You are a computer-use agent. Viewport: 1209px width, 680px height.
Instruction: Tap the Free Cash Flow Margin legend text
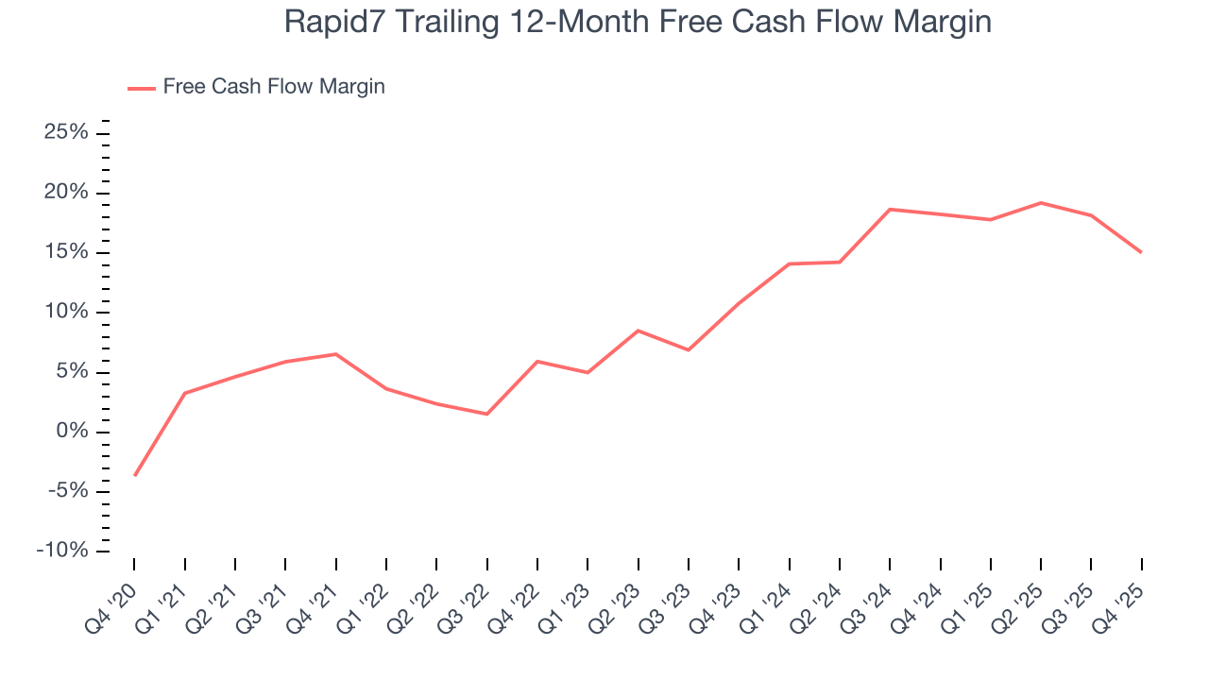pyautogui.click(x=274, y=87)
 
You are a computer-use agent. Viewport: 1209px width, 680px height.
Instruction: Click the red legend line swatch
pyautogui.click(x=142, y=88)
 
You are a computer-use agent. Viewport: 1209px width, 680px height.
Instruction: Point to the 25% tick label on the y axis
pyautogui.click(x=66, y=133)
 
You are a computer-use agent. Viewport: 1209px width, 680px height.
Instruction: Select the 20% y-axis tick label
pyautogui.click(x=66, y=193)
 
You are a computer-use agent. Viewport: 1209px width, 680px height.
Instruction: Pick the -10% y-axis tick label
pyautogui.click(x=62, y=551)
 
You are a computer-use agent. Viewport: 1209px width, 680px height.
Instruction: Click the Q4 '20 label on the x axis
pyautogui.click(x=112, y=597)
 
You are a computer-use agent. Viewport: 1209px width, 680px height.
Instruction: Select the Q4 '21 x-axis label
pyautogui.click(x=315, y=597)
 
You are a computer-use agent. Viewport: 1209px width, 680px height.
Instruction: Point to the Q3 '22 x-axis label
pyautogui.click(x=466, y=597)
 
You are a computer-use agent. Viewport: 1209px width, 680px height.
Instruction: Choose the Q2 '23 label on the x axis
pyautogui.click(x=617, y=597)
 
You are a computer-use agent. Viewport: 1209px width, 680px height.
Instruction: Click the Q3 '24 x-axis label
pyautogui.click(x=869, y=597)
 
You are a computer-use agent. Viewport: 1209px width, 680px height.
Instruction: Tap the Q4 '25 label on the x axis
pyautogui.click(x=1121, y=597)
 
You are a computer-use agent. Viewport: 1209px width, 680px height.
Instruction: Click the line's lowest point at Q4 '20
pyautogui.click(x=134, y=475)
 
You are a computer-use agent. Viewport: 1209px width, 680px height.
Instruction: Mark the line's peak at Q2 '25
pyautogui.click(x=1041, y=203)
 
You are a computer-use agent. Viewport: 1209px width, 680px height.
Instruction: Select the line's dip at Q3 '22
pyautogui.click(x=487, y=414)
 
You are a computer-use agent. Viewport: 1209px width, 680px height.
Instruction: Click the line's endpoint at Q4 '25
pyautogui.click(x=1141, y=252)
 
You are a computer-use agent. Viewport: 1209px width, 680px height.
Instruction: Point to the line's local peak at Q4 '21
pyautogui.click(x=336, y=354)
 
